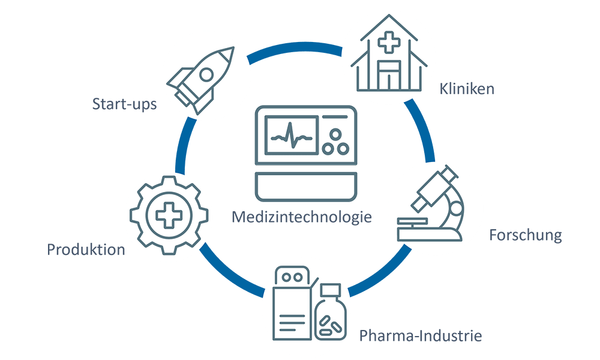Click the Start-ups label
point(124,104)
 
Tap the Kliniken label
point(466,89)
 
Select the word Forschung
point(525,235)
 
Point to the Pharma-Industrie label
point(420,335)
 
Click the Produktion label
point(86,249)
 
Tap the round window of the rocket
point(206,74)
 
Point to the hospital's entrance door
point(389,78)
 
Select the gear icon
point(169,214)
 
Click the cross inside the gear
point(169,214)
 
